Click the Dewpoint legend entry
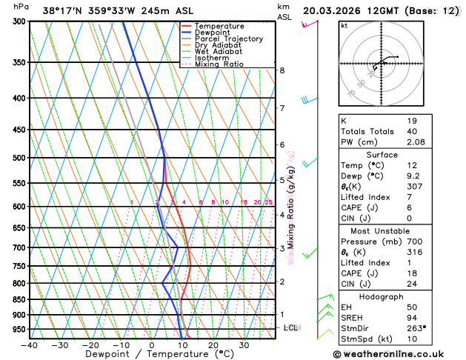click(x=211, y=33)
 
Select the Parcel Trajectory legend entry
click(x=228, y=39)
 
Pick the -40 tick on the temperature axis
click(x=29, y=345)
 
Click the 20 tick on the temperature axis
click(x=213, y=345)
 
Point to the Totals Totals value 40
click(x=412, y=131)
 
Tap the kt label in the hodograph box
click(x=344, y=26)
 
